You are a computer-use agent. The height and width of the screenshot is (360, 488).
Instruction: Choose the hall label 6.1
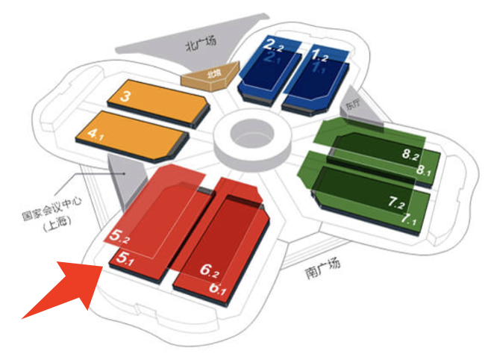click(x=218, y=287)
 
